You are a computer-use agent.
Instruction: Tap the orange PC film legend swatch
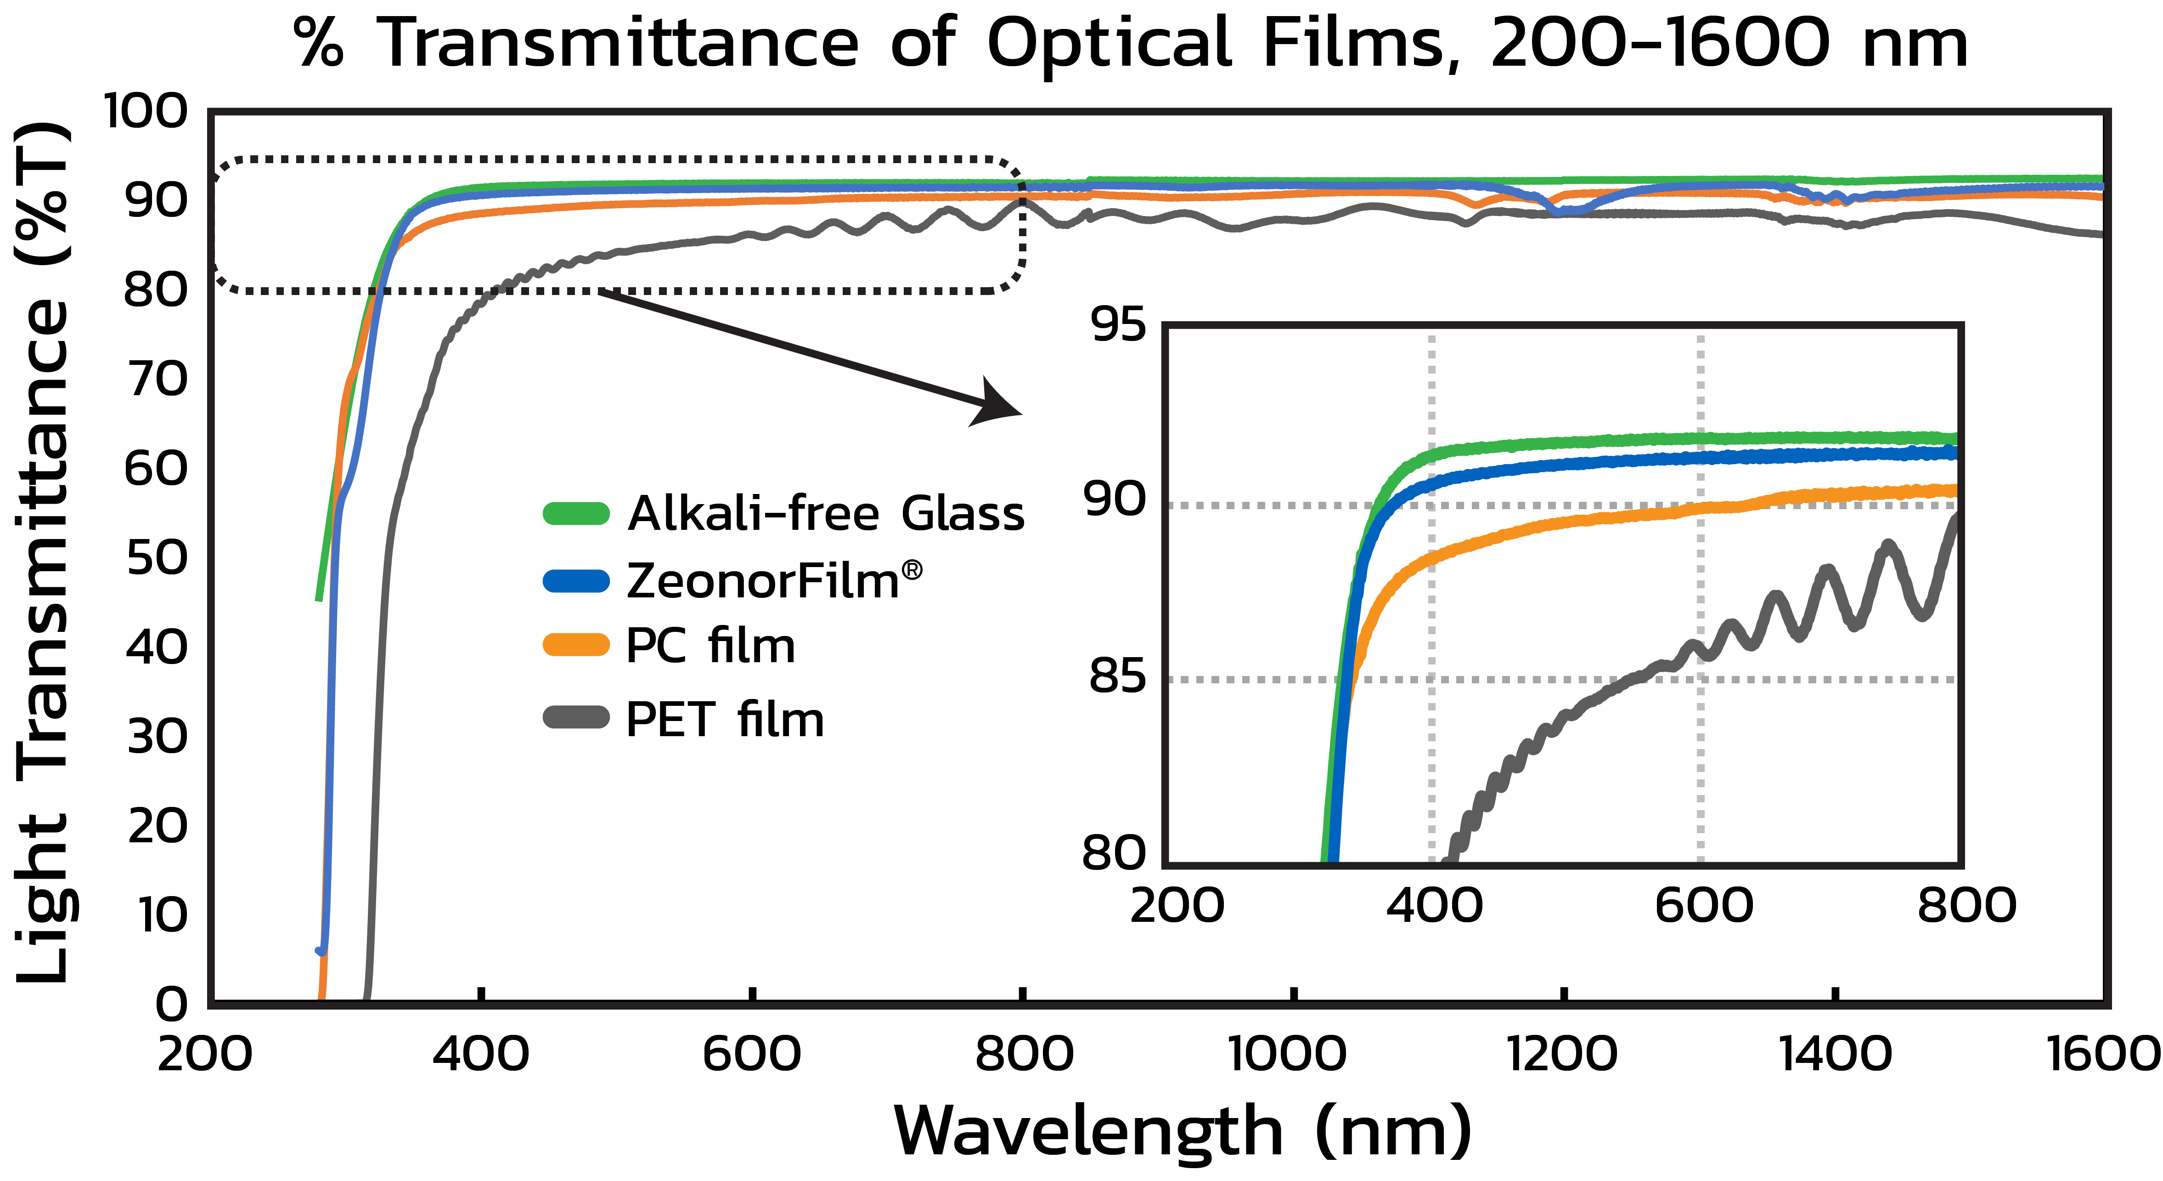click(576, 645)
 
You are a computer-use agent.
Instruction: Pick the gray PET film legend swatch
click(576, 718)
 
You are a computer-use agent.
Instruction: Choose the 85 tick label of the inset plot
click(1118, 676)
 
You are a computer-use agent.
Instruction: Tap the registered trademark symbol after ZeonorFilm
click(912, 571)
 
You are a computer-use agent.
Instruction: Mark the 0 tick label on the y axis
click(172, 1004)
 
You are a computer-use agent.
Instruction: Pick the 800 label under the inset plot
click(1966, 905)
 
